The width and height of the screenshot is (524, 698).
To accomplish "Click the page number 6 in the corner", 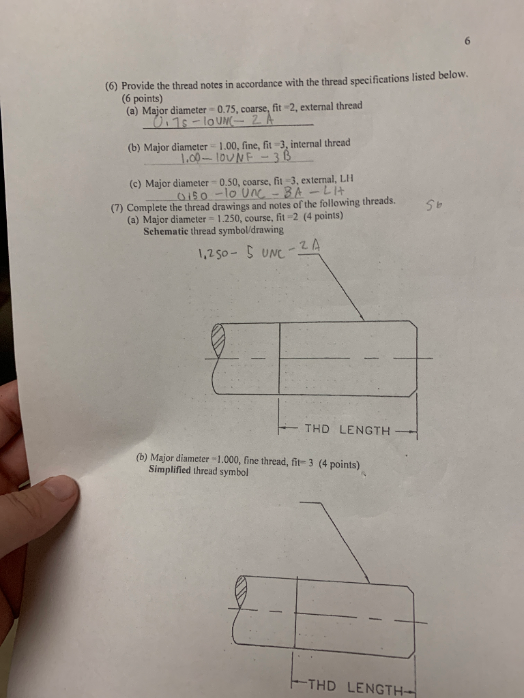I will tap(467, 42).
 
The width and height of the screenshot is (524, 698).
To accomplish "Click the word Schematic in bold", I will tap(169, 230).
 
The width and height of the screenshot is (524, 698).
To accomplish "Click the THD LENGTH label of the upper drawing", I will tap(347, 430).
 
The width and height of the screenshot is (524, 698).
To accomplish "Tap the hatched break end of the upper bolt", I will tap(219, 337).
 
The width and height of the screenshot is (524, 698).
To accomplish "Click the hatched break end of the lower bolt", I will tap(240, 587).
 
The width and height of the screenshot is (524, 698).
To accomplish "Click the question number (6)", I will tap(112, 87).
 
